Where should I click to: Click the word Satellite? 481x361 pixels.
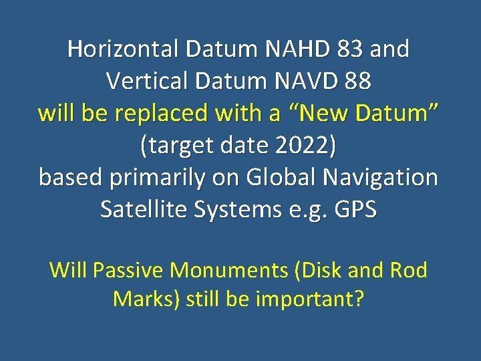[140, 210]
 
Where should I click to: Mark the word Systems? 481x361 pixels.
[232, 210]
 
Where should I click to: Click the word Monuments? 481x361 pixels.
[228, 270]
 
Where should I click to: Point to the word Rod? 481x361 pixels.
[410, 270]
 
